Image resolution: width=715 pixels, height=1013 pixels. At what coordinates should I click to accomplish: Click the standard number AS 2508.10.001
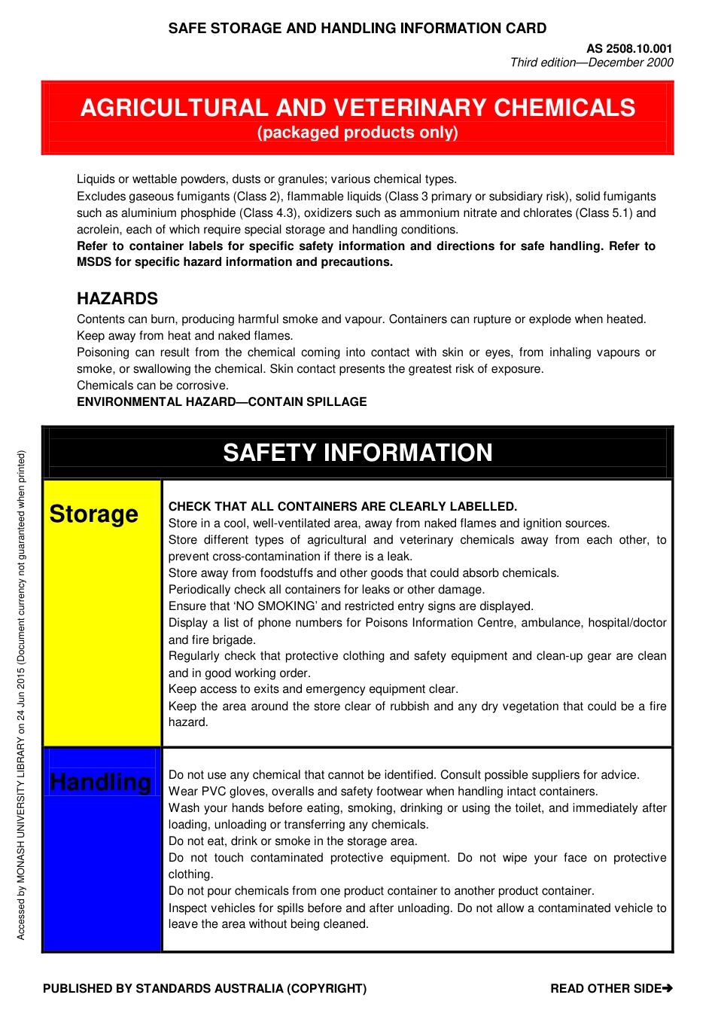tap(629, 48)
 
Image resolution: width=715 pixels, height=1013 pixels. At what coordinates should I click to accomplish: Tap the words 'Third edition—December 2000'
tap(592, 63)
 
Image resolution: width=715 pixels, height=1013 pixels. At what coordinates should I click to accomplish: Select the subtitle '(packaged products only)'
tap(357, 133)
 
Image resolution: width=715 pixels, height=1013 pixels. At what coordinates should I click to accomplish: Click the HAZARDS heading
tap(117, 298)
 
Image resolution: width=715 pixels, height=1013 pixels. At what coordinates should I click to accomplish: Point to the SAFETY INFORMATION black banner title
tap(357, 453)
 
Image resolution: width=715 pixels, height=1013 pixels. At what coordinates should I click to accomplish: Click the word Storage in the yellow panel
tap(94, 514)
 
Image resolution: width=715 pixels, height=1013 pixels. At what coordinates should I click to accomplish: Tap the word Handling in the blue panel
tap(100, 782)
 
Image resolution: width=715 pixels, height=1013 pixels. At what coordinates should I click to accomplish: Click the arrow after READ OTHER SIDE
tap(668, 988)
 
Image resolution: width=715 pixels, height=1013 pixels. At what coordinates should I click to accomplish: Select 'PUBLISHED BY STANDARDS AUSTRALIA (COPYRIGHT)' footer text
tap(205, 988)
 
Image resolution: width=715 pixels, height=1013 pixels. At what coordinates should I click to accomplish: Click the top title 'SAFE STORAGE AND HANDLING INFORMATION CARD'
tap(357, 29)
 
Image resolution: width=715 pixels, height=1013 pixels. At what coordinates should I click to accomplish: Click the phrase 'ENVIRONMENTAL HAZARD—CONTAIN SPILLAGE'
tap(222, 402)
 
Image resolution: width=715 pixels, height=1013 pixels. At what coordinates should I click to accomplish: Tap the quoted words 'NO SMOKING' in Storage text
tap(275, 606)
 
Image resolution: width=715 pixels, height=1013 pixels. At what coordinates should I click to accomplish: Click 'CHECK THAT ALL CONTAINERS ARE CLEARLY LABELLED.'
tap(342, 507)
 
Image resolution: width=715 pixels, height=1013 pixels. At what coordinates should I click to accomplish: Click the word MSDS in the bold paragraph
tap(94, 262)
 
